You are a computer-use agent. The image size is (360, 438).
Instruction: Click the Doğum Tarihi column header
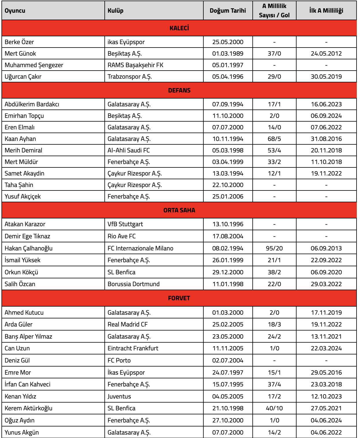(228, 11)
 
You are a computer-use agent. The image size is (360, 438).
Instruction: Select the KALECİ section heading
(179, 28)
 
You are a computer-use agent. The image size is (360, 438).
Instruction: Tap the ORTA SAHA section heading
(179, 210)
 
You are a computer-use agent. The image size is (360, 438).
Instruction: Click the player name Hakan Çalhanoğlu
(29, 248)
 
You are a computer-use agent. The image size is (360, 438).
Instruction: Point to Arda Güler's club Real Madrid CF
(127, 324)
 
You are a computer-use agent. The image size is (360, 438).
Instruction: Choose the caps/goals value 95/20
(274, 248)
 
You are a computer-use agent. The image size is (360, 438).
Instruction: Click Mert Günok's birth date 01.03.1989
(228, 54)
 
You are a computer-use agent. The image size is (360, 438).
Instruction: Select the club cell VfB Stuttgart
(125, 224)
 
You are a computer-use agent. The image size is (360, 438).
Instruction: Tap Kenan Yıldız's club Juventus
(119, 397)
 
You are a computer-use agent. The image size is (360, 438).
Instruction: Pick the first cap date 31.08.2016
(326, 139)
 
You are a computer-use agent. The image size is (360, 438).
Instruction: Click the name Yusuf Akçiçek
(22, 197)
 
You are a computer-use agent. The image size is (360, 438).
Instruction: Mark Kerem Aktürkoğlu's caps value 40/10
(274, 408)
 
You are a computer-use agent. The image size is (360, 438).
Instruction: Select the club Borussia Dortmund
(134, 284)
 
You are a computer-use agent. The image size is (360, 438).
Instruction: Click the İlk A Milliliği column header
(326, 11)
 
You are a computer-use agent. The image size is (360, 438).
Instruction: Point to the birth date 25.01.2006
(228, 197)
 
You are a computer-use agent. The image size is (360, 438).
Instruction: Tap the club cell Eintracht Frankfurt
(133, 348)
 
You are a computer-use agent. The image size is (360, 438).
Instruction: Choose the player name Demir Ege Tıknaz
(27, 236)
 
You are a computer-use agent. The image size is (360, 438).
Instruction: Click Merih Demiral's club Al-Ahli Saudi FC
(129, 150)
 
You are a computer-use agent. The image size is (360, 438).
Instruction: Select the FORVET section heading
(179, 298)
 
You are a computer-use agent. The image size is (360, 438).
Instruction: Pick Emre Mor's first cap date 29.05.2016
(326, 373)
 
